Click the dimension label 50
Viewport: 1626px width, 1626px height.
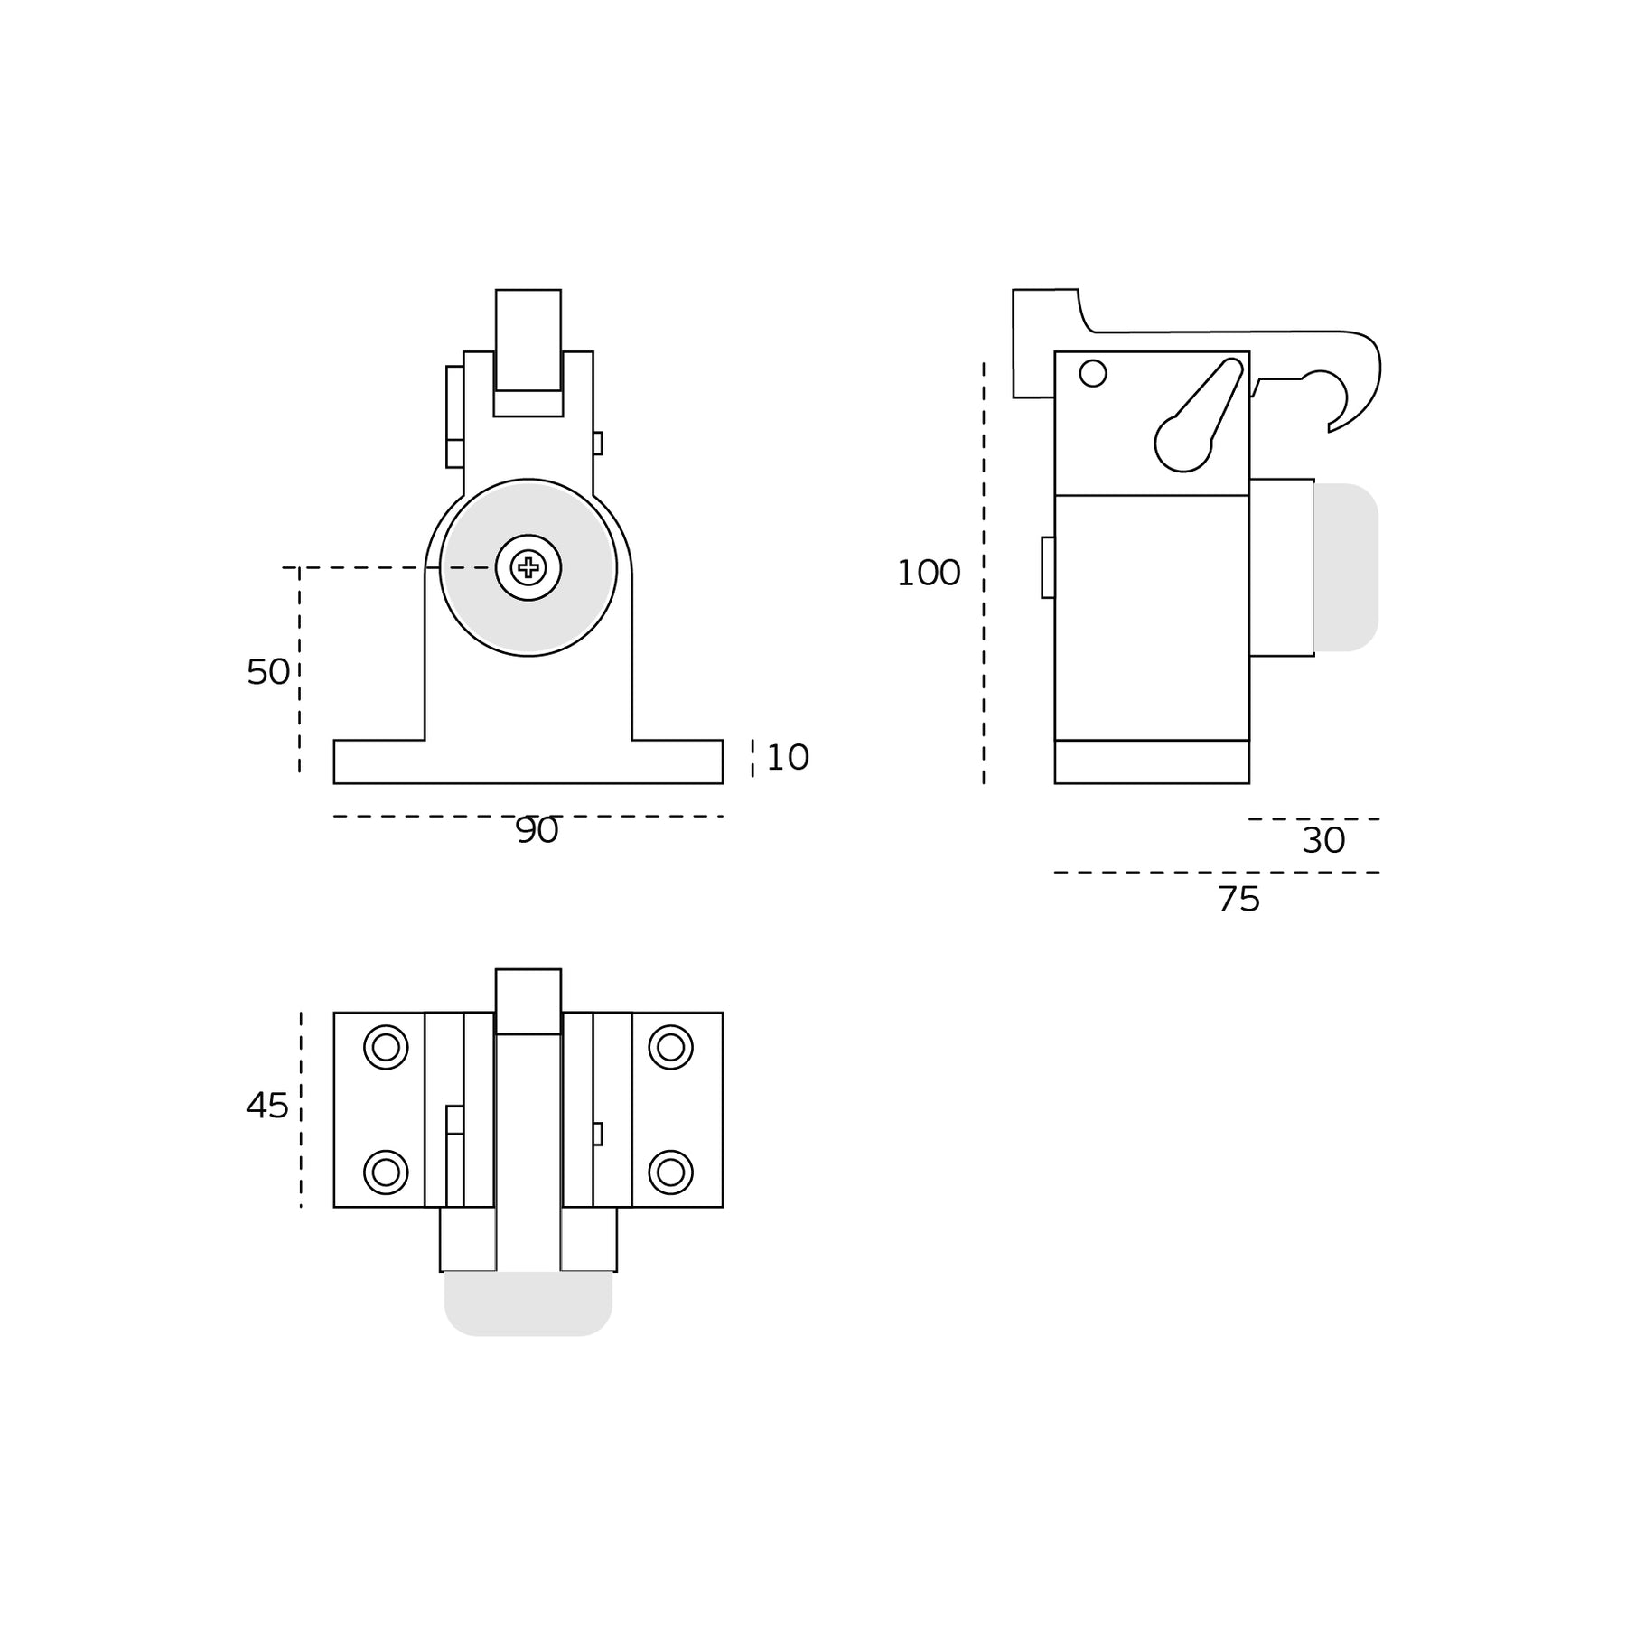coord(268,672)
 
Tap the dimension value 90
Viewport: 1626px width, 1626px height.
coord(537,831)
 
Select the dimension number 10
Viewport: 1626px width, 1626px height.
coord(787,758)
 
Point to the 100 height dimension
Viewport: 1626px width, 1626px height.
coord(928,574)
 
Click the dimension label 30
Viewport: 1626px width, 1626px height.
coord(1323,841)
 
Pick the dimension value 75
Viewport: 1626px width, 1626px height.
coord(1238,900)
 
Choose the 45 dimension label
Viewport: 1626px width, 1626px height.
coord(267,1106)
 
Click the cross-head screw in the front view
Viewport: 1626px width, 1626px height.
coord(528,567)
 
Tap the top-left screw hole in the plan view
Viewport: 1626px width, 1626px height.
coord(386,1047)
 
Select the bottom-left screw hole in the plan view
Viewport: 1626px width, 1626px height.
coord(386,1173)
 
